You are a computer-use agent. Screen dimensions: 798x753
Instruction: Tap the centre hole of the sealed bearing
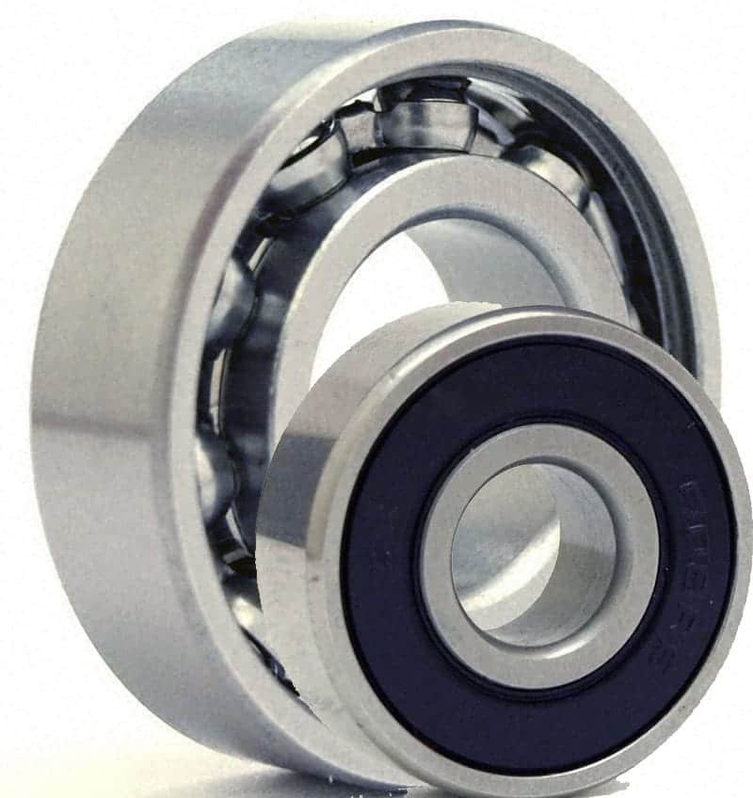point(527,555)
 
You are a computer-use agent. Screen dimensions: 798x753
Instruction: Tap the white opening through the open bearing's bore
point(376,311)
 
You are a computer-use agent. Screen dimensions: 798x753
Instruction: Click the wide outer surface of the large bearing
point(104,376)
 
